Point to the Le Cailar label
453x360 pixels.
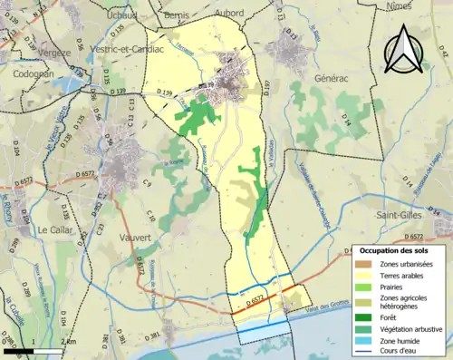coord(55,229)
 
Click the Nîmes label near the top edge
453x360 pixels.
coord(424,5)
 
